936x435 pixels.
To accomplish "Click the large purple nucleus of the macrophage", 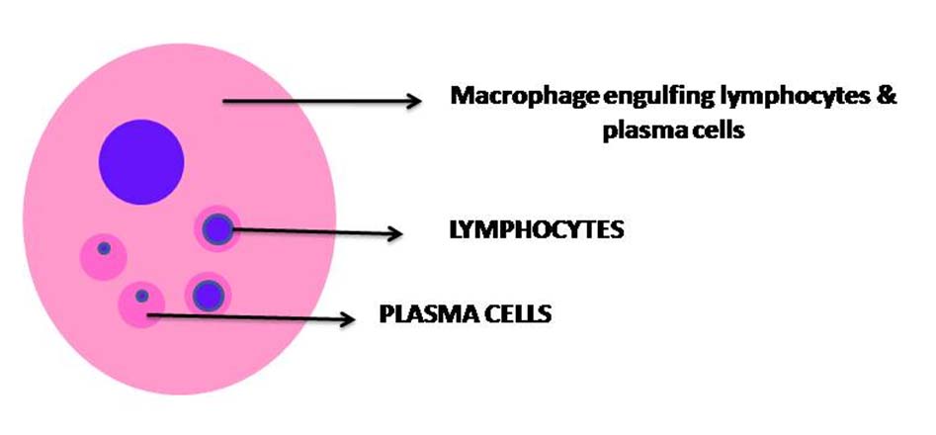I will coord(141,162).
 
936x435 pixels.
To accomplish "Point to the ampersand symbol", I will coord(886,98).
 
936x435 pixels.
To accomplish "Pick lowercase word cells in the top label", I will coord(720,131).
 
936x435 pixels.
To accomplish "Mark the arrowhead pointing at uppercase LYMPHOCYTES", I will coord(394,233).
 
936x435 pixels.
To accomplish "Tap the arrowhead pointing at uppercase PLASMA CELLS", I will coord(347,318).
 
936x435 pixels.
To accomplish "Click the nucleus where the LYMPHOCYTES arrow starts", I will coord(216,230).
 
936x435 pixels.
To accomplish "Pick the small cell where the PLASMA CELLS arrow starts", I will coord(141,304).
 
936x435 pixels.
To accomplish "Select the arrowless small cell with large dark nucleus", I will coord(208,294).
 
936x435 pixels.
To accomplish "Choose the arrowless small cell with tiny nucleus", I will coord(103,255).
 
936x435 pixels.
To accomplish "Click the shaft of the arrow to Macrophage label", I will coord(316,99).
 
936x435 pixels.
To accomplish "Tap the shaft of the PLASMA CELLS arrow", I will coord(247,317).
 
